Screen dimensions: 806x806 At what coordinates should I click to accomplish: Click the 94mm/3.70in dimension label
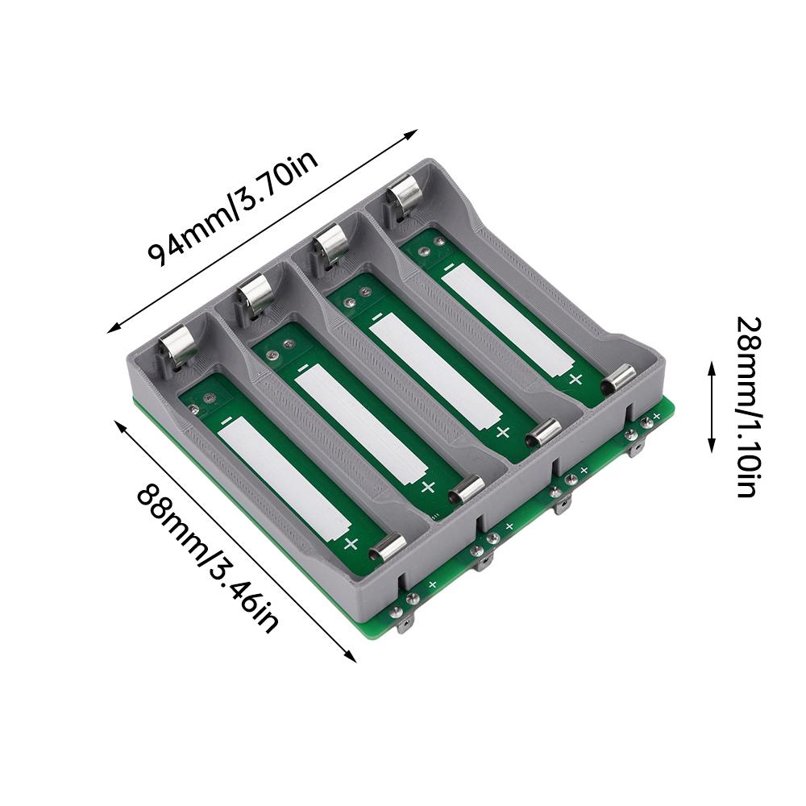tap(233, 207)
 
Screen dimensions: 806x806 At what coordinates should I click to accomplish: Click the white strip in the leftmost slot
tap(283, 480)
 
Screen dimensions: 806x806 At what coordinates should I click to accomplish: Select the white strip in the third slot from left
tap(435, 370)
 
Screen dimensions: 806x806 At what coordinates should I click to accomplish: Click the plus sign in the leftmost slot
tap(351, 543)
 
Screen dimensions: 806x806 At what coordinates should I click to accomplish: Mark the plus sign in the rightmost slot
tap(575, 379)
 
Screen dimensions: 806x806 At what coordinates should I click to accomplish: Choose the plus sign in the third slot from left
tap(503, 432)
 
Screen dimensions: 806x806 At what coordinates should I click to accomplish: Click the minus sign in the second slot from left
tap(302, 368)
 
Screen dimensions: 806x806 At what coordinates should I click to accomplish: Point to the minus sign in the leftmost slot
tap(226, 420)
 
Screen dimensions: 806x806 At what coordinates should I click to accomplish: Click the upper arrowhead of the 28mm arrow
tap(712, 367)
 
